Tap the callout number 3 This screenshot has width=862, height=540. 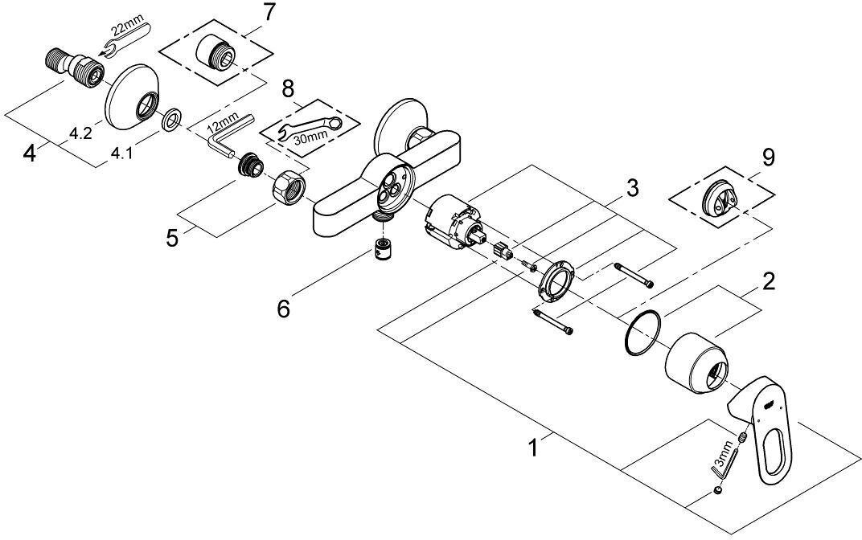pos(633,189)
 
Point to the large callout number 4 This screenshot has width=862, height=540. pos(30,152)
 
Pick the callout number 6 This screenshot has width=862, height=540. pos(283,307)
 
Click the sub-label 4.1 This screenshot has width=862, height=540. pos(121,153)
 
